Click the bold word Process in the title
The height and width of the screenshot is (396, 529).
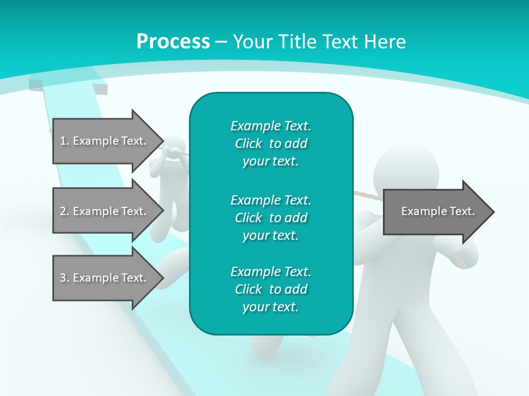pos(173,42)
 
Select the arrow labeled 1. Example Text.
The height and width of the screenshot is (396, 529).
pos(105,141)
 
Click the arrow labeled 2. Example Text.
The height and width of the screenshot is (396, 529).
pos(105,211)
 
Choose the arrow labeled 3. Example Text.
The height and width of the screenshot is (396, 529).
pos(105,278)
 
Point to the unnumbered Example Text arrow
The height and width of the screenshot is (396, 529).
pos(438,211)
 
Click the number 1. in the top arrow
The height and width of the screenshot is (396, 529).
pos(64,141)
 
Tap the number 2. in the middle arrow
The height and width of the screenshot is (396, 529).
pos(64,211)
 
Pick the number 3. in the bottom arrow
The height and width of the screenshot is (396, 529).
pos(64,278)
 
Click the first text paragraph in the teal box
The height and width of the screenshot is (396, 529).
pos(271,144)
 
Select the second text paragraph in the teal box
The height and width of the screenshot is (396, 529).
pos(271,218)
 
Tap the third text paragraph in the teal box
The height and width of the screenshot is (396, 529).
pos(271,289)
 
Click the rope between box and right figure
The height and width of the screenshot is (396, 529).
pos(367,195)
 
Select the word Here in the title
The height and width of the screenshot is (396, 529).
pos(387,42)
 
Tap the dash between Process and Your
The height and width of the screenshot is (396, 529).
pos(221,42)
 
